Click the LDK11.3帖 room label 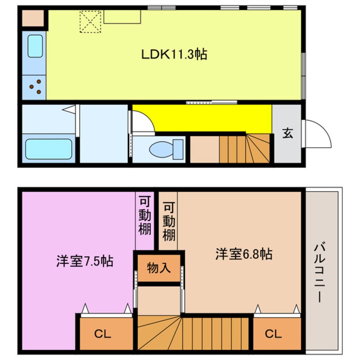pos(174,54)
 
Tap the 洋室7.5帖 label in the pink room pos(85,261)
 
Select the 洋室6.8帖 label pos(244,254)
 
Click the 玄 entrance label pos(288,133)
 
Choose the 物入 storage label pos(159,268)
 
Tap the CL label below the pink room pos(103,334)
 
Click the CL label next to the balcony pos(273,334)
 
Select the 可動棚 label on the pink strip pos(145,215)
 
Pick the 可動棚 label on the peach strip pos(169,221)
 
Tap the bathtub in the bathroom pos(49,149)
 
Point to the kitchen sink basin pos(35,46)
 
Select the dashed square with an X pos(91,22)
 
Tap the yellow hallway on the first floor pos(202,118)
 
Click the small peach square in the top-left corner pos(33,18)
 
